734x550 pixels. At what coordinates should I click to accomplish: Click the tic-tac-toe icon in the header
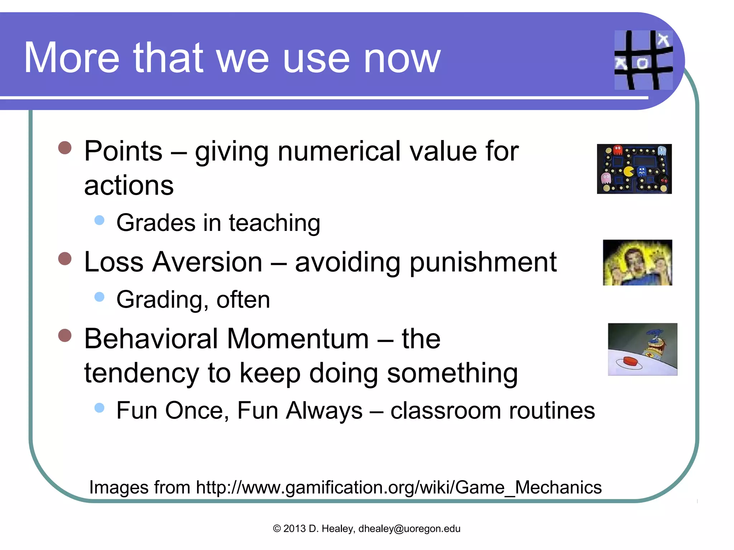coord(643,60)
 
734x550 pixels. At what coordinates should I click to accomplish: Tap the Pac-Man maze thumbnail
coord(634,169)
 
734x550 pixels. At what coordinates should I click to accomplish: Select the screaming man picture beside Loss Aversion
coord(637,262)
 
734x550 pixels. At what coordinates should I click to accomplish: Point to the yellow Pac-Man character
coord(628,171)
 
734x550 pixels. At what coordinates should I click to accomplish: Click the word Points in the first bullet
coord(123,151)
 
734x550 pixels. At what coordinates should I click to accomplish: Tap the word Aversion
coord(207,262)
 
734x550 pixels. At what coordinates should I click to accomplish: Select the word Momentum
coord(298,339)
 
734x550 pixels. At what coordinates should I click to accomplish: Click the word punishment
coord(483,263)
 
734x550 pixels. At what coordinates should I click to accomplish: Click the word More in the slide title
coord(71,58)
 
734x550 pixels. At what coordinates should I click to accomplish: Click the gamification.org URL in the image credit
coord(399,487)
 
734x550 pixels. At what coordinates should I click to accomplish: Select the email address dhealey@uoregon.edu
coord(409,529)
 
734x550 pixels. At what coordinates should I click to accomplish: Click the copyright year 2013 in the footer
coord(294,529)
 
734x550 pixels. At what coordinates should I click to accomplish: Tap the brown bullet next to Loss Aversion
coord(65,259)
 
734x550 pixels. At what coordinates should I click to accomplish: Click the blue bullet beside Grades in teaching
coord(99,220)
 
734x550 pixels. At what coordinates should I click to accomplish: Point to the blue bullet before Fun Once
coord(99,407)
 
